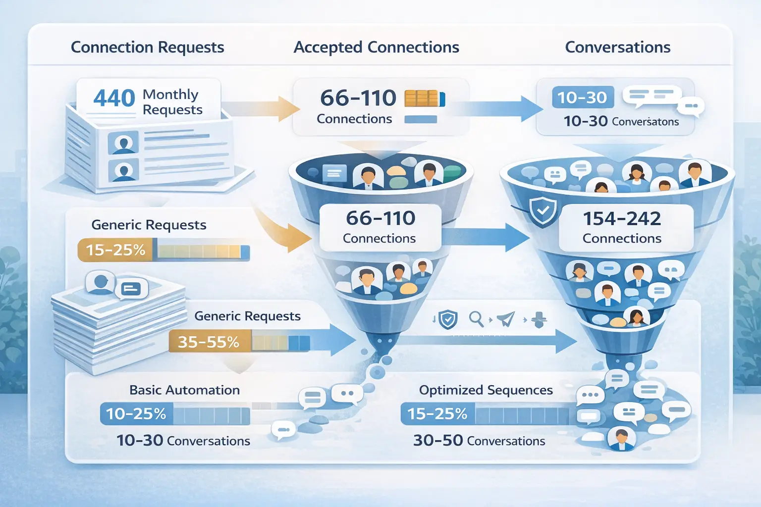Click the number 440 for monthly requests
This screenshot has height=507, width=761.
[x=114, y=98]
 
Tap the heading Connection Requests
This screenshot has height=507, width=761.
[x=147, y=47]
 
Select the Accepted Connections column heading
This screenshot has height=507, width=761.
[x=376, y=47]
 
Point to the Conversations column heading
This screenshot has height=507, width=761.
[x=617, y=47]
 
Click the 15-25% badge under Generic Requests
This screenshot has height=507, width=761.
[x=116, y=250]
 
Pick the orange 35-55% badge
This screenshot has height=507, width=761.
[x=209, y=342]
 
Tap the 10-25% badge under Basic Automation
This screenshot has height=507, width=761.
[x=136, y=413]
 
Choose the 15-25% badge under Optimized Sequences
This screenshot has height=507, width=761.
[x=437, y=413]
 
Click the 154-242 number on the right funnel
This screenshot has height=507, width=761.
[x=622, y=218]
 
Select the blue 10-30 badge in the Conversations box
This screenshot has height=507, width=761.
[x=582, y=98]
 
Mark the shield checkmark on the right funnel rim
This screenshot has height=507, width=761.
[x=543, y=211]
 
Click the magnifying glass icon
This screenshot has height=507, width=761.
[x=476, y=319]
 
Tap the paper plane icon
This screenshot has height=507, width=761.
[x=506, y=319]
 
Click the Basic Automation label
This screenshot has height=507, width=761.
[x=184, y=390]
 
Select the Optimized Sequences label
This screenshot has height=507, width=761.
[x=486, y=390]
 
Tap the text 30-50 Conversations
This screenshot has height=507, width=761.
[x=479, y=441]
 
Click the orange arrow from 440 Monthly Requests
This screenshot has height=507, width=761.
[x=263, y=108]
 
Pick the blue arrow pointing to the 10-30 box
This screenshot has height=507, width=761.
[x=498, y=108]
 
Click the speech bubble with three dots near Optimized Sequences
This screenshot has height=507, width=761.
[x=590, y=395]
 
